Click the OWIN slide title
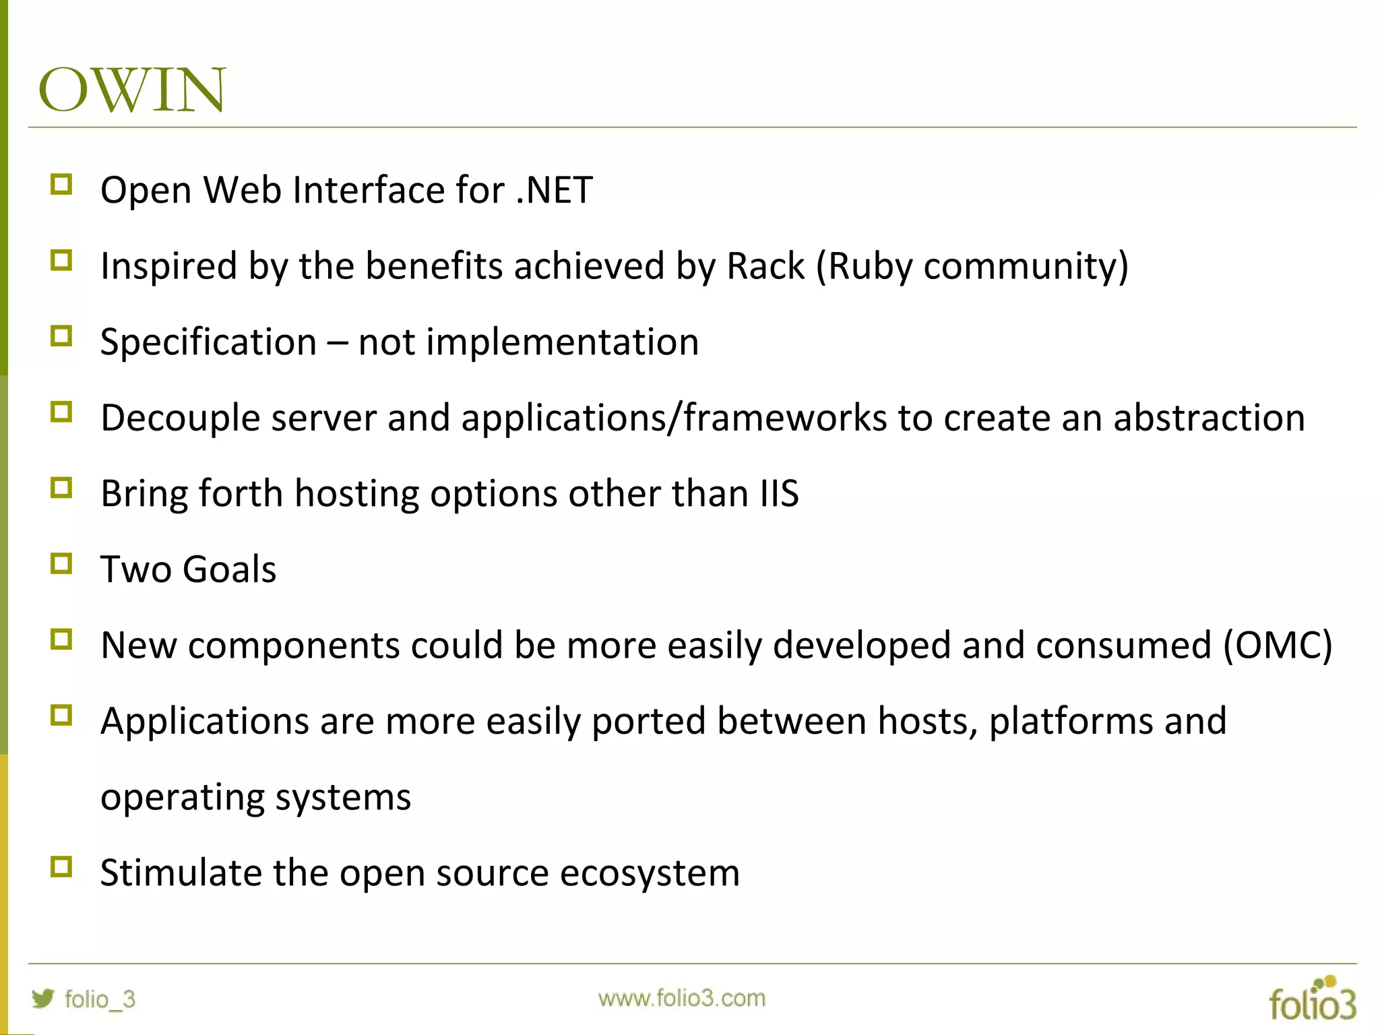[x=132, y=90]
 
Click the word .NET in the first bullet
[x=554, y=191]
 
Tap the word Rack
[x=765, y=266]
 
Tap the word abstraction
[x=1210, y=418]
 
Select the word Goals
[x=229, y=570]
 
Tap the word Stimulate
[x=181, y=873]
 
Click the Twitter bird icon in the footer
[x=42, y=998]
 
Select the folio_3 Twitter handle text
[x=100, y=999]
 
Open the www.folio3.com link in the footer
[x=681, y=998]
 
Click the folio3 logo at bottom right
[x=1312, y=999]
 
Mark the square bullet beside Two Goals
[x=61, y=563]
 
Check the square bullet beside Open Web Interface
[x=61, y=184]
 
